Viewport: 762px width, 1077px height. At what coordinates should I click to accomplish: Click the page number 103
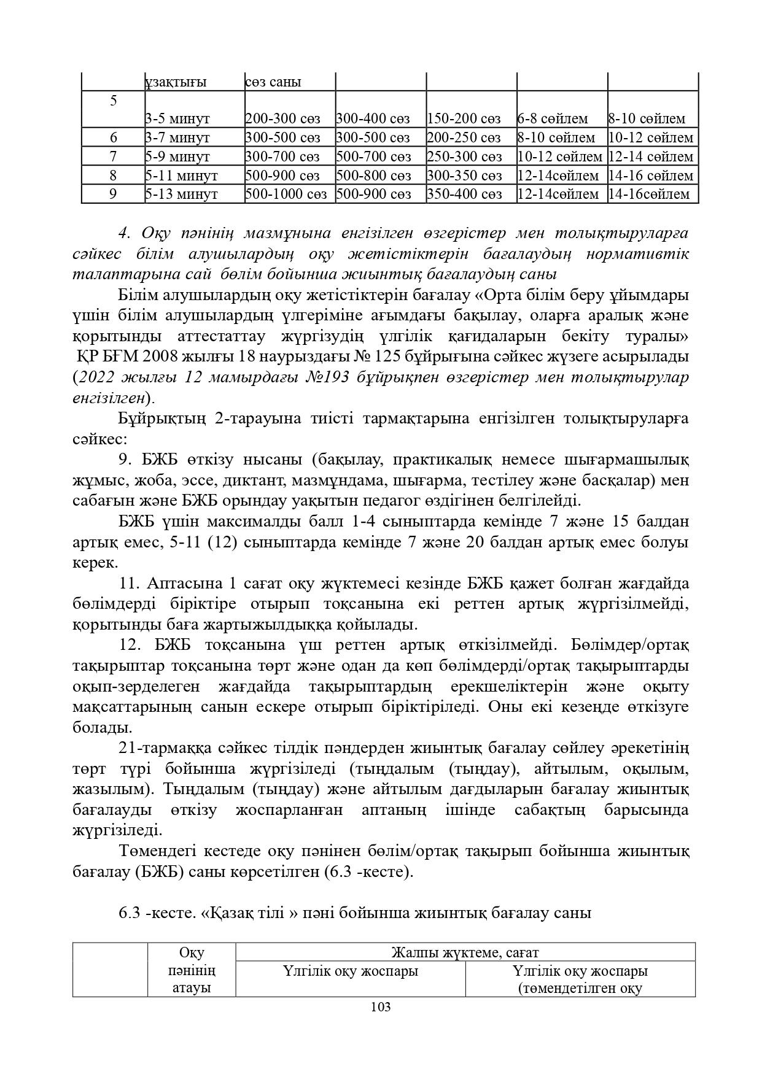[x=381, y=1006]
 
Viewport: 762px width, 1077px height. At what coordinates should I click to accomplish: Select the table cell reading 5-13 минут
[x=182, y=195]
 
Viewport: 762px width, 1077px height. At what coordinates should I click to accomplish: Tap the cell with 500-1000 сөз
[x=286, y=195]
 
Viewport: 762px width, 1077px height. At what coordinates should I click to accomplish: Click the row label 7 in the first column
[x=113, y=156]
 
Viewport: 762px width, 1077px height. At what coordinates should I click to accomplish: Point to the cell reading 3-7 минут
[x=177, y=137]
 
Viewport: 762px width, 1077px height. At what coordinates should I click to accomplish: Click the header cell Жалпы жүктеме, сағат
[x=465, y=952]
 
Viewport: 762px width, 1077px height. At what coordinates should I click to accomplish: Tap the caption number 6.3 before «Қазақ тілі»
[x=130, y=913]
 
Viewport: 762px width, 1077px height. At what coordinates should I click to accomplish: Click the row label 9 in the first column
[x=113, y=195]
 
